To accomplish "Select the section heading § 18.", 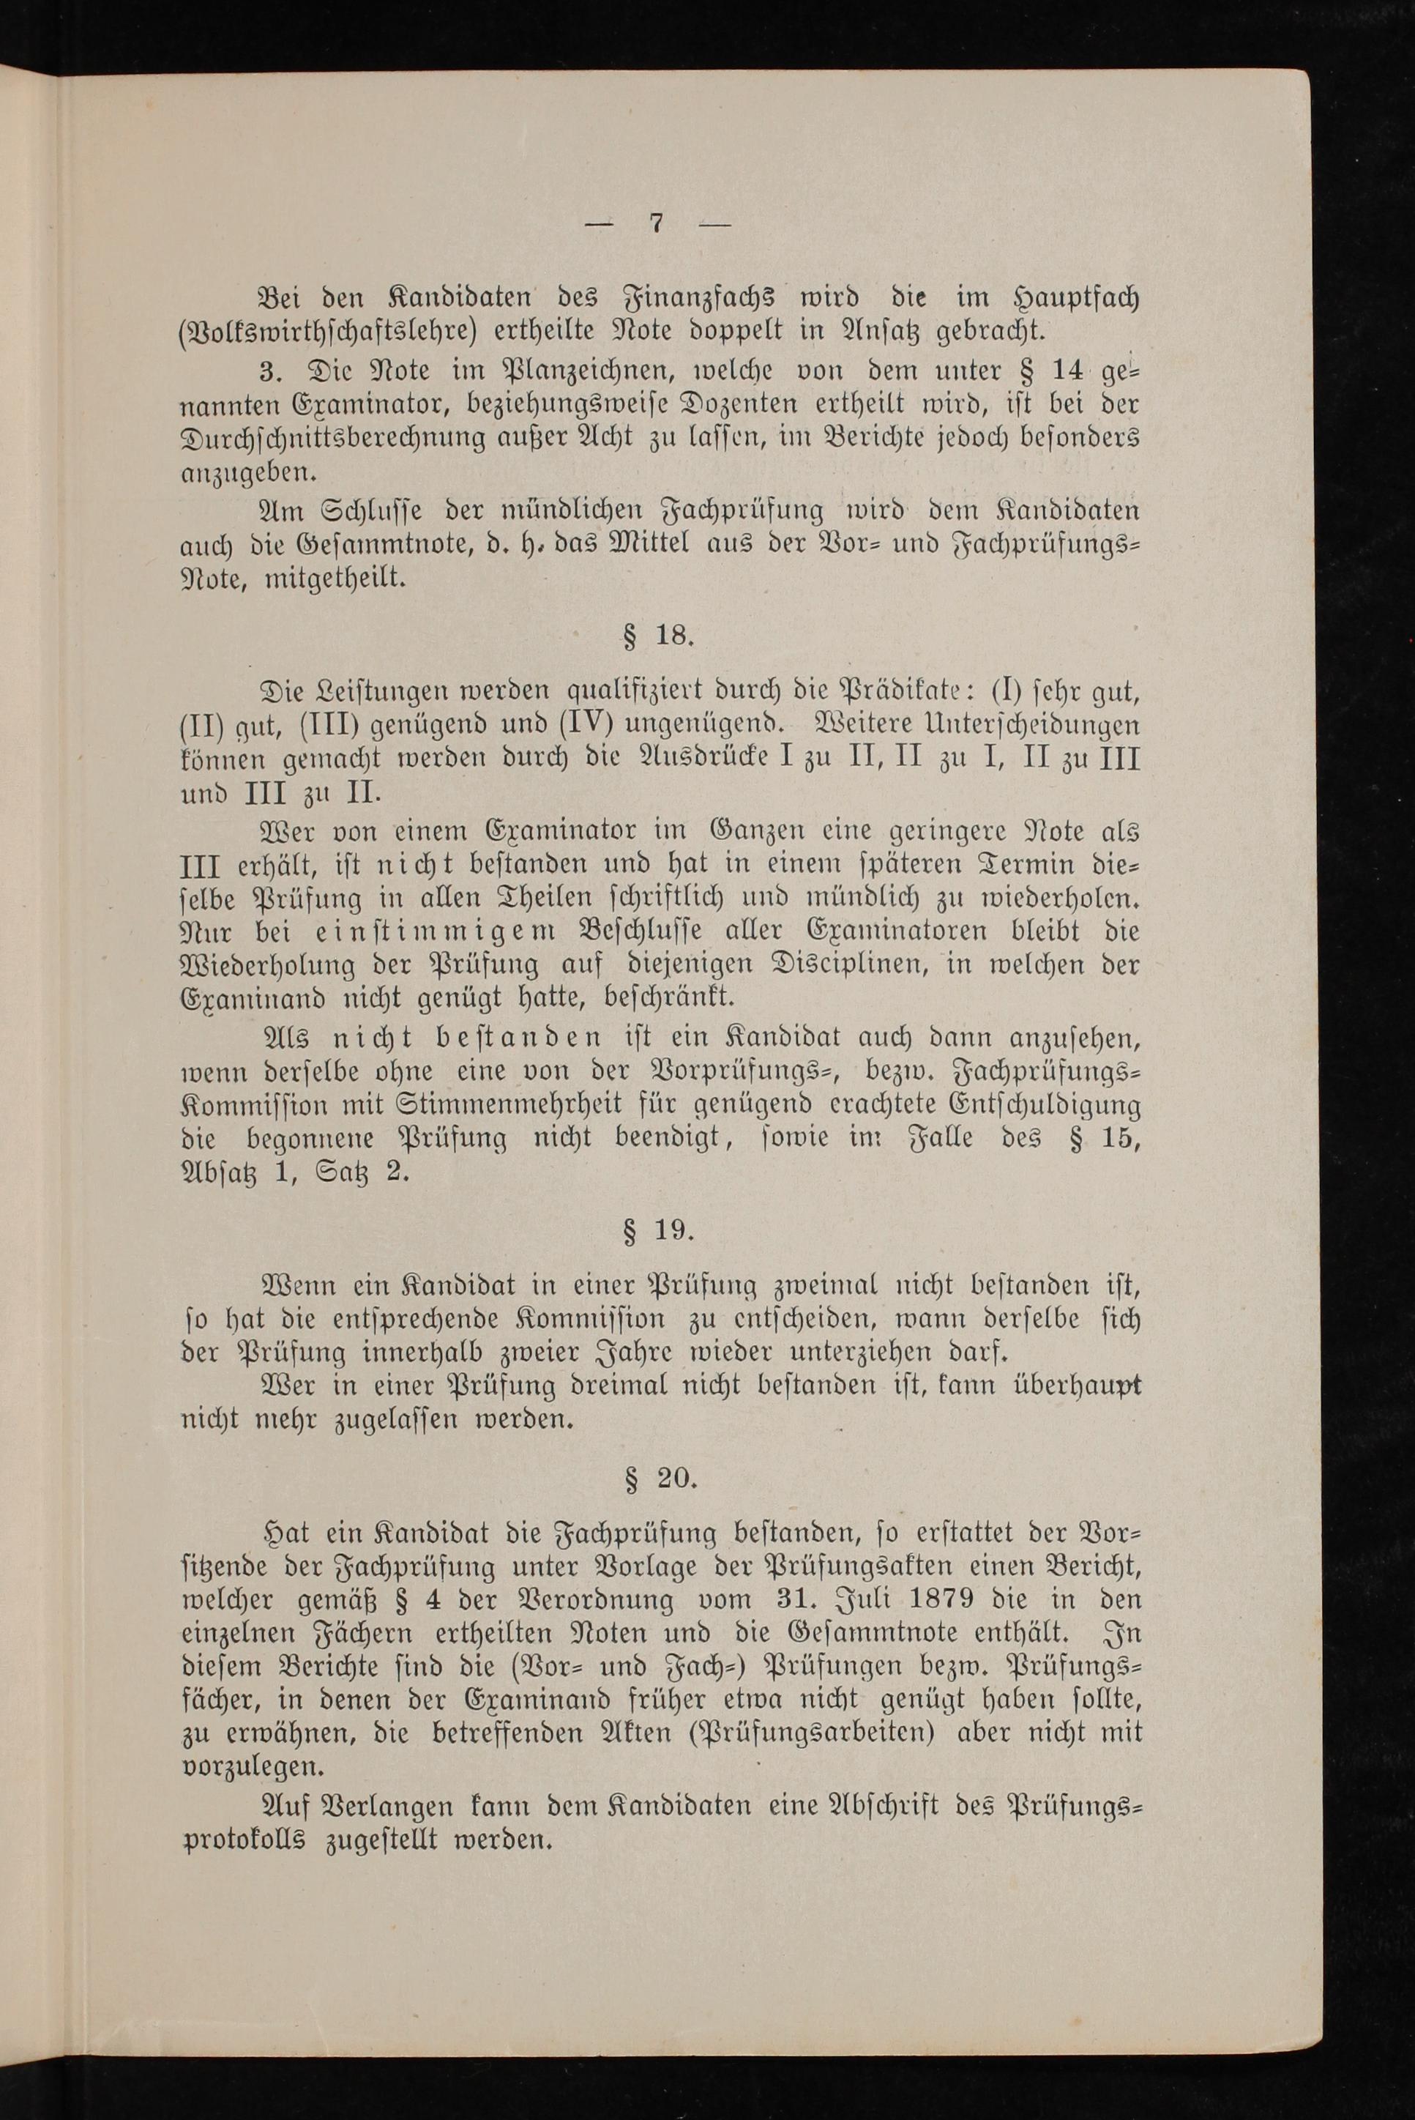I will coord(659,636).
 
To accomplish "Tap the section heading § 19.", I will coord(659,1232).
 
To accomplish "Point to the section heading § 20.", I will coord(660,1479).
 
